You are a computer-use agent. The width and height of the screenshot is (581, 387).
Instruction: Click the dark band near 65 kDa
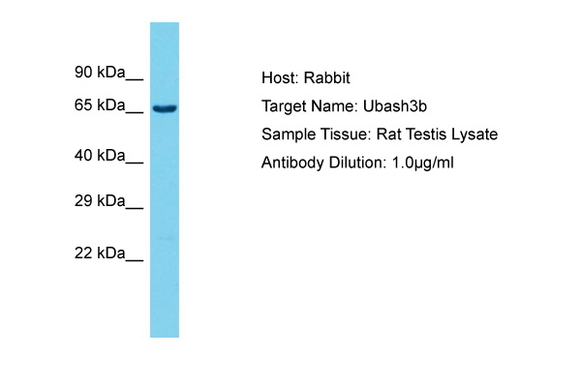(x=165, y=108)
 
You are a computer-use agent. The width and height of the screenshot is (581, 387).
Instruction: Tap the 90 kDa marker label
(x=100, y=72)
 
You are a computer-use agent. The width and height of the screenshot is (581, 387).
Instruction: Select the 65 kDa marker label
(x=100, y=105)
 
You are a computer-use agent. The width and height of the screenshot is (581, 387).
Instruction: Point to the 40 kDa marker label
(x=100, y=156)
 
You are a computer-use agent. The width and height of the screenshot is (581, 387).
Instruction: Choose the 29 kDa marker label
(x=100, y=200)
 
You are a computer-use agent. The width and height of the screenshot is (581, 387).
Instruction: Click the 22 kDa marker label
(x=100, y=253)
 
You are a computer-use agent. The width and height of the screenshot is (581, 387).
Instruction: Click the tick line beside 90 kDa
(x=135, y=79)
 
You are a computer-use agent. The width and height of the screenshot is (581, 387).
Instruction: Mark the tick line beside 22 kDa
(x=135, y=260)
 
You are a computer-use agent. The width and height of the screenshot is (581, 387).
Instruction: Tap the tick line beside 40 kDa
(x=135, y=163)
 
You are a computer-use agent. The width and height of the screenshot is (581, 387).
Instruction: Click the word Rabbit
(x=327, y=78)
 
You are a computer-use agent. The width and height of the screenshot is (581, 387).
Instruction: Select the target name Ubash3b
(x=395, y=106)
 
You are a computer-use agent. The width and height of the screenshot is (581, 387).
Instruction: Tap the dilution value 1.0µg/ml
(x=422, y=164)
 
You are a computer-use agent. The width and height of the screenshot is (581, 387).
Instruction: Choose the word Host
(x=280, y=78)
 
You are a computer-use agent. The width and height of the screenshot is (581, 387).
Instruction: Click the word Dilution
(x=358, y=163)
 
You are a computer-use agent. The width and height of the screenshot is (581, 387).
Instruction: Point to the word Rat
(x=389, y=134)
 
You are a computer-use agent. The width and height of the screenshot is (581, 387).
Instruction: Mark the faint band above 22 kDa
(x=166, y=238)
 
